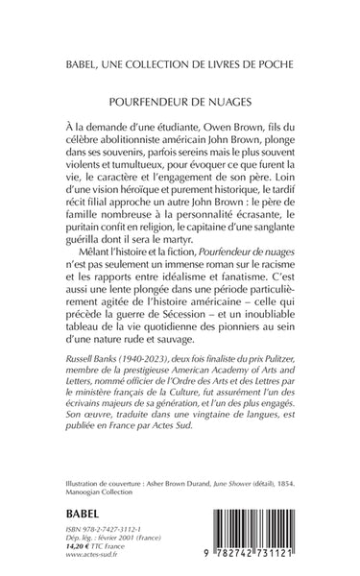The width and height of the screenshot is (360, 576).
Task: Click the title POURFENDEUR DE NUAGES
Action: (180, 98)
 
